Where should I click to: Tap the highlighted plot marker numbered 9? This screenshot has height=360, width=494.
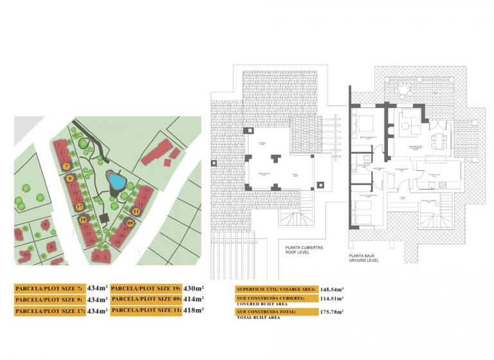coord(69,178)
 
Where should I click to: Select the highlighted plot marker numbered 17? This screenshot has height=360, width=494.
coord(79,207)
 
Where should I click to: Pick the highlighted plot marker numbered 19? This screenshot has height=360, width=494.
coord(84,220)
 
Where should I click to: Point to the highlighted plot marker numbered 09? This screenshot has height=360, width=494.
coord(130,223)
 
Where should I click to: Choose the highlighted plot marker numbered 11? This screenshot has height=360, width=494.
coord(136,210)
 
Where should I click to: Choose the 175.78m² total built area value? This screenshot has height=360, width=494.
coord(333,311)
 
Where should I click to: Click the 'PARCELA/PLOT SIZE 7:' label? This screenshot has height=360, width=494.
coord(49,289)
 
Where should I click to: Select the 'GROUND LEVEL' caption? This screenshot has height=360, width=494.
coord(364,260)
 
